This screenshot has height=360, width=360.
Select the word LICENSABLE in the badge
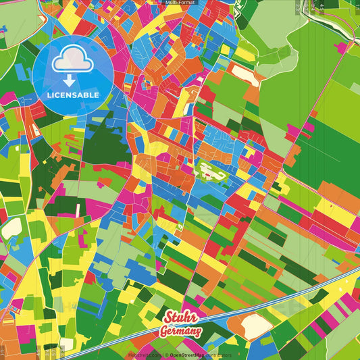pos(73,95)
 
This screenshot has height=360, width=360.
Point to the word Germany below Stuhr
pos(180,331)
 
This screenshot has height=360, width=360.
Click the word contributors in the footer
pos(218,355)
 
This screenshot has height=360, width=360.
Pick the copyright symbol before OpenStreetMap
pos(165,355)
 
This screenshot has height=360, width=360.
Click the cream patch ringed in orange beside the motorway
pos(252,327)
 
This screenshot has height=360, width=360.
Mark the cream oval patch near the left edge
pos(11,229)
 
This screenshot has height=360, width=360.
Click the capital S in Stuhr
pos(169,318)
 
